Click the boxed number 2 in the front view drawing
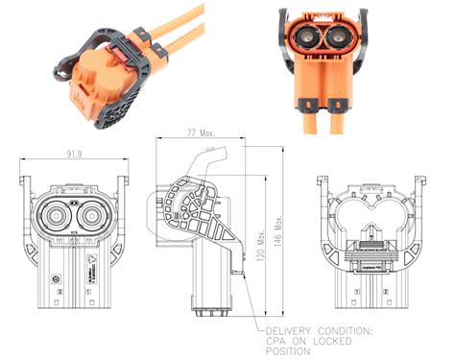pyautogui.click(x=60, y=290)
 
